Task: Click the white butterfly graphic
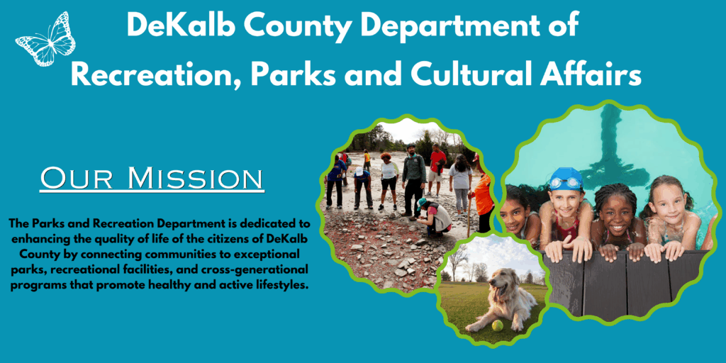pyautogui.click(x=45, y=39)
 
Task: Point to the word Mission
pyautogui.click(x=194, y=179)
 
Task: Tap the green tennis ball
pyautogui.click(x=498, y=325)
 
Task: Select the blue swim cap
pyautogui.click(x=566, y=178)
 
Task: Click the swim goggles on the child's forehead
pyautogui.click(x=566, y=184)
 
